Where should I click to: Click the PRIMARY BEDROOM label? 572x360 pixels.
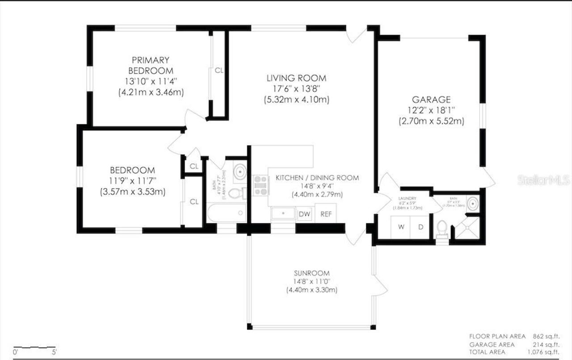151,65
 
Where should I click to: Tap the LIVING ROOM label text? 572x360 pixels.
296,78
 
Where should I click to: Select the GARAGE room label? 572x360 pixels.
431,100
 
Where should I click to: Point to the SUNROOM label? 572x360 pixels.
311,273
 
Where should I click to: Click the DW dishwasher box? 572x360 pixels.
304,214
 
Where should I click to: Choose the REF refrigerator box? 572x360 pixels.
326,214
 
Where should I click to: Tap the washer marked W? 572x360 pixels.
401,227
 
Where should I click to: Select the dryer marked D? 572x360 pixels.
421,227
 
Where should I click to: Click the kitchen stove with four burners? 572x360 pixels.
261,185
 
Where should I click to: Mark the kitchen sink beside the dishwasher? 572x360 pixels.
283,213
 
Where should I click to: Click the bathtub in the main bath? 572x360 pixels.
227,213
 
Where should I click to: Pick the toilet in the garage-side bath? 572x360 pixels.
442,228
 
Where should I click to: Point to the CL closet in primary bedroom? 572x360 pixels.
219,70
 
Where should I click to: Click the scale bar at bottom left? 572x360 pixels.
34,347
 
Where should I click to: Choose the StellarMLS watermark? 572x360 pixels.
543,180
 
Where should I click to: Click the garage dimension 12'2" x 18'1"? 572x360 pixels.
431,110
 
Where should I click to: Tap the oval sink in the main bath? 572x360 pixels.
240,171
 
